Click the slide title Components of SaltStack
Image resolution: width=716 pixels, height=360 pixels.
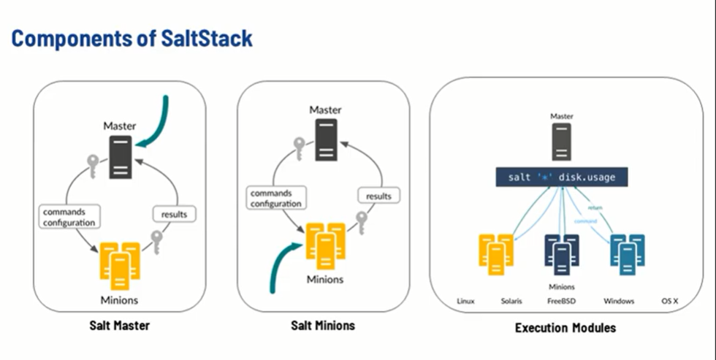(x=132, y=39)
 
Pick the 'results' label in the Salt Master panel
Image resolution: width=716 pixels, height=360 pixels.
(x=174, y=214)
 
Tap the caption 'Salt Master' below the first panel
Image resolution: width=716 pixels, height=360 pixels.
(x=118, y=326)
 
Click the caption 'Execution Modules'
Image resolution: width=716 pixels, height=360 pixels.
(x=565, y=328)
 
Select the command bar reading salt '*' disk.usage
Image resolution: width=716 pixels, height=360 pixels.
(x=562, y=177)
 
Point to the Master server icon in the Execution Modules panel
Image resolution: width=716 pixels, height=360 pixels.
(x=561, y=140)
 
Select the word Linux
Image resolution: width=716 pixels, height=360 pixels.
(x=465, y=301)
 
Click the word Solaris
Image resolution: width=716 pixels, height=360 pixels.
(x=511, y=301)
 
